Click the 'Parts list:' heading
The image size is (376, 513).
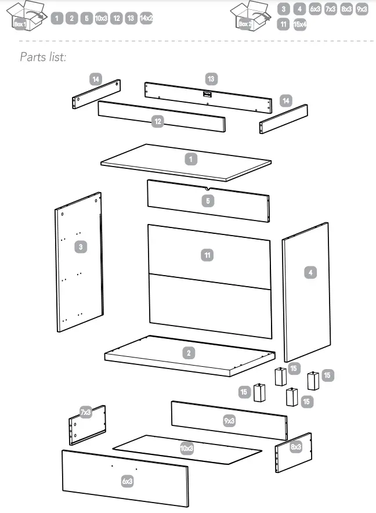coord(44,57)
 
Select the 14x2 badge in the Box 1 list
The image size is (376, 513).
coord(146,19)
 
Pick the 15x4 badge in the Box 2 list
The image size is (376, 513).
coord(300,24)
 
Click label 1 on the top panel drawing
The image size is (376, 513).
coord(191,158)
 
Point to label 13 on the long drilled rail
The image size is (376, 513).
coord(211,78)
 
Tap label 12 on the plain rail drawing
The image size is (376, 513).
coord(157,121)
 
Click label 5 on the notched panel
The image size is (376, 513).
coord(208,201)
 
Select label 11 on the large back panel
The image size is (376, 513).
coord(207,255)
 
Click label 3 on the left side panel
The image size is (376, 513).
coord(81,247)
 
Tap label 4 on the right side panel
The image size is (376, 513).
coord(311,272)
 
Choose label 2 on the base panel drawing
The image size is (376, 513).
coord(189,352)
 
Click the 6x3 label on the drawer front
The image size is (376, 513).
coord(127,481)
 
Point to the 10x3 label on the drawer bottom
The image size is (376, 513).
coord(186,448)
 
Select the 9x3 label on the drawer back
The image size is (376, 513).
coord(229,420)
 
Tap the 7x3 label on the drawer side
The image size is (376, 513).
coord(85,413)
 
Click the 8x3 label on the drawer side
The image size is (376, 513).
coord(296,447)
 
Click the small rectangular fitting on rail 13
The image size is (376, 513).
coord(207,93)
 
